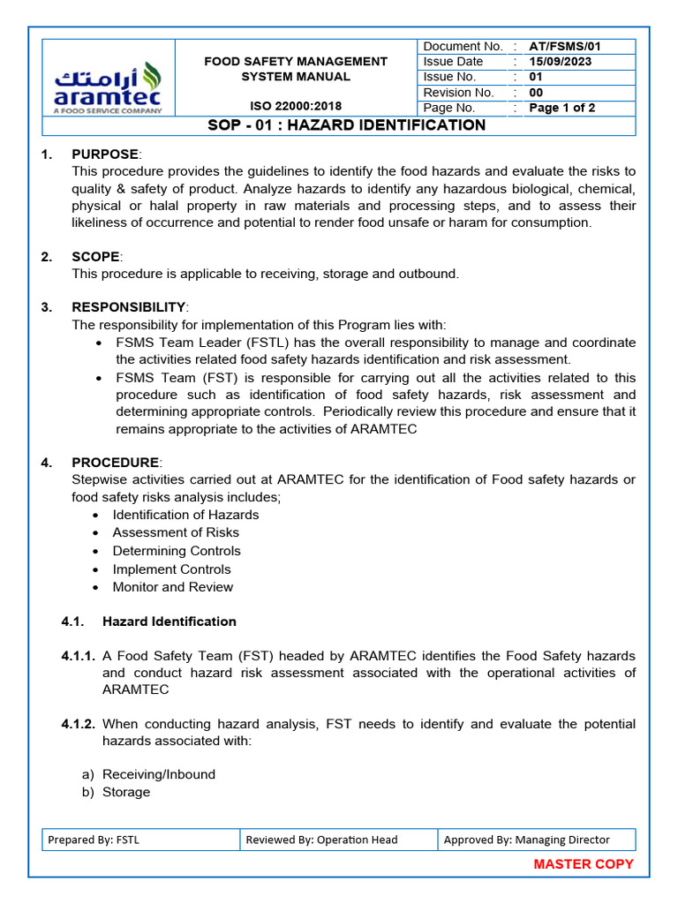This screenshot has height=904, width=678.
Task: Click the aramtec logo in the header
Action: point(109,87)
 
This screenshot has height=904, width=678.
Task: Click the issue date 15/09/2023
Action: point(560,62)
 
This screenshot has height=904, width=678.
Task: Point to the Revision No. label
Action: point(458,93)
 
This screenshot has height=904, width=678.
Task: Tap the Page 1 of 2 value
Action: point(561,108)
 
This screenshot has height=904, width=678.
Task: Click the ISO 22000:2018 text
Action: point(296,106)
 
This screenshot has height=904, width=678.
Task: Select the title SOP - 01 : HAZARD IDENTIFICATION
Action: point(346,125)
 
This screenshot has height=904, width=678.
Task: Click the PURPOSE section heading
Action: point(105,154)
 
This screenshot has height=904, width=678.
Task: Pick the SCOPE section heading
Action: point(95,257)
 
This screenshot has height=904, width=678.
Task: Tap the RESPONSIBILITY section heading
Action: point(129,307)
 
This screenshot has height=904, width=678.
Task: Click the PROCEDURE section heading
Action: point(116,463)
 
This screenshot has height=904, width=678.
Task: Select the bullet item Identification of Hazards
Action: point(185,515)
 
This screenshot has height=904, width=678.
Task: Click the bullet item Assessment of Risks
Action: point(176,532)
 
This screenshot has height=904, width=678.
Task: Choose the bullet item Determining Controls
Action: point(177,551)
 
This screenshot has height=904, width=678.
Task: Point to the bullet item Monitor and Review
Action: point(173,587)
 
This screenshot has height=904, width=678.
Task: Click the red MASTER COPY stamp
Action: point(584,864)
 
